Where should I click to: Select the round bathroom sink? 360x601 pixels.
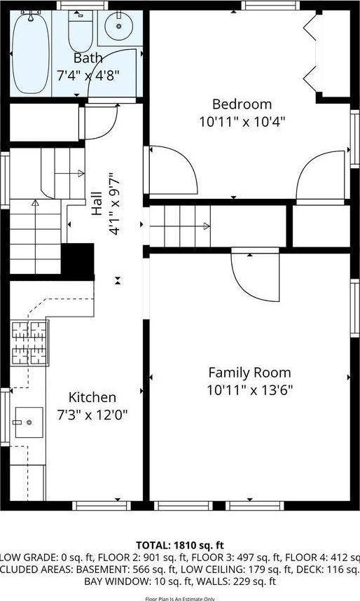coord(119,27)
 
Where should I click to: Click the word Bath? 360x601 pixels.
coord(88,57)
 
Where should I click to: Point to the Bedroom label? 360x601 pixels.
coord(242,104)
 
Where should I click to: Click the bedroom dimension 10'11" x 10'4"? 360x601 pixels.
coord(242,120)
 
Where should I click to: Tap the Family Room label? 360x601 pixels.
coord(249,373)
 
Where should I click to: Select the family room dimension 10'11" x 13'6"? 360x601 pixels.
coord(249,389)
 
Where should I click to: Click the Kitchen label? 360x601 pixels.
coord(92,397)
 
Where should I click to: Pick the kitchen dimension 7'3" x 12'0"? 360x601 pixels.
coord(92,414)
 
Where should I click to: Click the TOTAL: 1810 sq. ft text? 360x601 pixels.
coord(180,544)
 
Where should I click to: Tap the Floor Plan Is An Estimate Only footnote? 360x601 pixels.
coord(180,597)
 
